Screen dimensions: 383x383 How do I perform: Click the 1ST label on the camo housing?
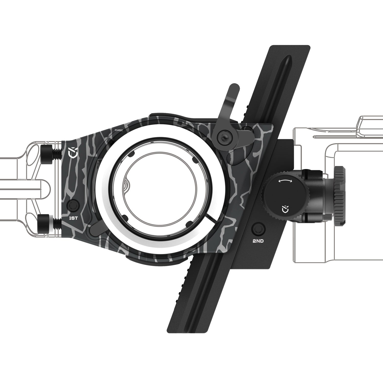pos(73,218)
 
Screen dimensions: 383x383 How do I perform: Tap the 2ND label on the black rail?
pos(258,241)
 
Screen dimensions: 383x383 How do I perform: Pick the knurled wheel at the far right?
pos(340,196)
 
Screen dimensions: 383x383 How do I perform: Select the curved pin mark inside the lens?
pos(126,184)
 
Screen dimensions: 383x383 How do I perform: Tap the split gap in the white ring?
pos(211,218)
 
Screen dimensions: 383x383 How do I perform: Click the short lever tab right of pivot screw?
pos(246,133)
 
